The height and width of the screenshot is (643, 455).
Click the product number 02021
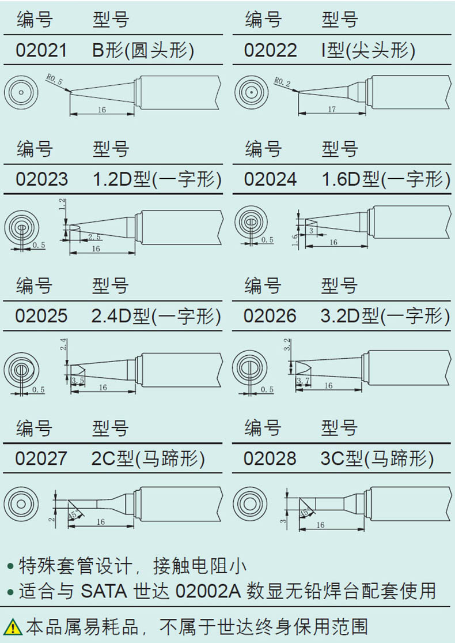tap(41, 50)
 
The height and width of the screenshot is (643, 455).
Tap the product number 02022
tap(270, 50)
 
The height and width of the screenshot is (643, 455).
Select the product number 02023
tap(41, 179)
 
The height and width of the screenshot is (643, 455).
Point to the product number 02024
tap(270, 179)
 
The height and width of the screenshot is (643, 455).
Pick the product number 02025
tap(41, 315)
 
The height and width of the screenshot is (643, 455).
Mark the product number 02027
tap(41, 458)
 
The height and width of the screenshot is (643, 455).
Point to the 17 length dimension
tap(331, 109)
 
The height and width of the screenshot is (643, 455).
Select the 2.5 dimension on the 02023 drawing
tap(94, 237)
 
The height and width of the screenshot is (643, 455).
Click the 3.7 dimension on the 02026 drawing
tap(303, 382)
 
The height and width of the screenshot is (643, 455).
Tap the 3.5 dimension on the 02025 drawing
tap(78, 381)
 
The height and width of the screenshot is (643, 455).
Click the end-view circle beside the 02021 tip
tap(20, 92)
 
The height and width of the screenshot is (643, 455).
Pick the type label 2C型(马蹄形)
tap(148, 458)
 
